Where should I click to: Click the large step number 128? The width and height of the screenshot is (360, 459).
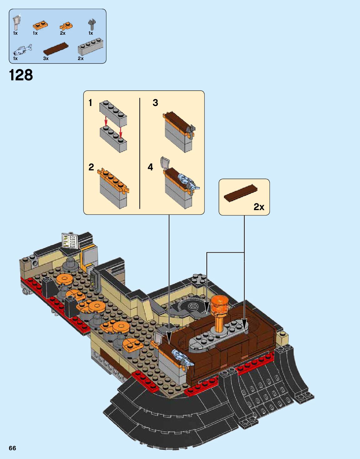[x=21, y=75]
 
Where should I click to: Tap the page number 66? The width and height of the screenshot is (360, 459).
[x=12, y=448]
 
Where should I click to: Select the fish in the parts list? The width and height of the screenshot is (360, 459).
[x=22, y=49]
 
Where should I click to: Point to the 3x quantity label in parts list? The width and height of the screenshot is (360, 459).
[x=46, y=58]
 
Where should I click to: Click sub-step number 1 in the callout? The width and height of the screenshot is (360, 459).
[x=90, y=103]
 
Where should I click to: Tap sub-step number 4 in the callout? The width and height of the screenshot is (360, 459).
[x=150, y=167]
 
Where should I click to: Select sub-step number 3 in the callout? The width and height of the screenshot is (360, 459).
[x=155, y=103]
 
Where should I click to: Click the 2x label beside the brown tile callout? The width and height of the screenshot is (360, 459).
[x=259, y=207]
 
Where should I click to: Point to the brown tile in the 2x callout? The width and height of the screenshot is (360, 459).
[x=241, y=193]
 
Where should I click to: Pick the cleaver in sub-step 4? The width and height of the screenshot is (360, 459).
[x=165, y=163]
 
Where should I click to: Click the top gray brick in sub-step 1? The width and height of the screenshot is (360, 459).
[x=113, y=113]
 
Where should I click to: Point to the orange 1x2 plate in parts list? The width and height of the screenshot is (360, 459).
[x=40, y=25]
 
